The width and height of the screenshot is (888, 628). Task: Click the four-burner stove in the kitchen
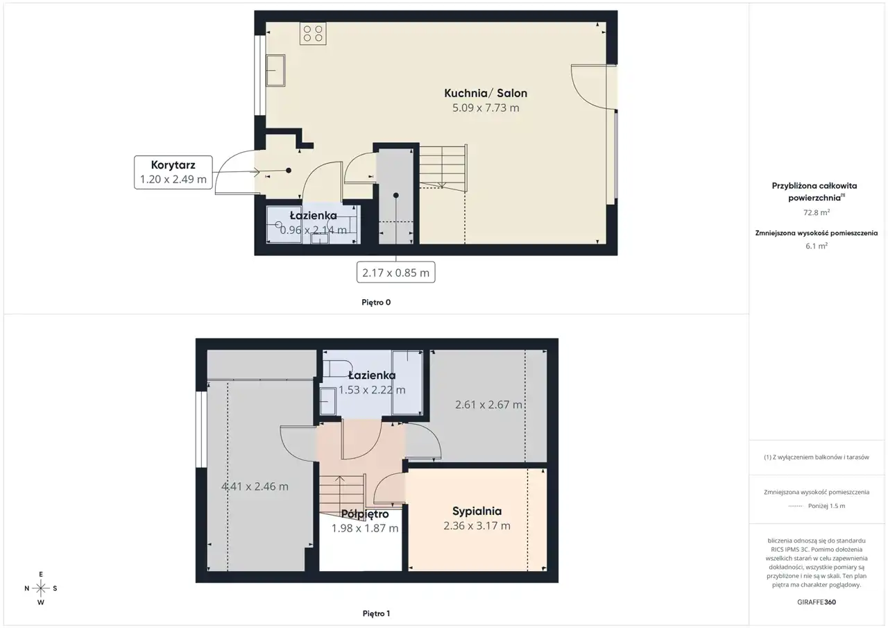point(313,33)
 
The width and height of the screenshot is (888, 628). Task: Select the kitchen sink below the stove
point(275,71)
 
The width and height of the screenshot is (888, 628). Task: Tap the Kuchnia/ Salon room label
point(486,93)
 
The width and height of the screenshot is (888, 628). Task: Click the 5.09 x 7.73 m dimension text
point(486,108)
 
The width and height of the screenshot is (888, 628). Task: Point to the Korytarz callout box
point(173,172)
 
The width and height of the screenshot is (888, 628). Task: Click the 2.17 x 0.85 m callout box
point(395,273)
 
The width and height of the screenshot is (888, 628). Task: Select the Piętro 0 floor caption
point(376,302)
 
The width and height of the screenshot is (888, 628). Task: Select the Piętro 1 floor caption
point(376,613)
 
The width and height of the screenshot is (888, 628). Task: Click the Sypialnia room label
point(477,511)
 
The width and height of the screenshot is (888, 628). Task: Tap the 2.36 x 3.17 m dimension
point(477,526)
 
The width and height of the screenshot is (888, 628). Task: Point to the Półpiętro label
point(365,514)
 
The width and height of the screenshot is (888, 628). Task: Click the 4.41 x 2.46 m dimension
point(255,486)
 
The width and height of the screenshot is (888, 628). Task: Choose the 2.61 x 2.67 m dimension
point(488,405)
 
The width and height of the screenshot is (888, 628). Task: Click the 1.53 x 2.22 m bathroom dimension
point(372,390)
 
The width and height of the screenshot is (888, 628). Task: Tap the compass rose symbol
point(41,588)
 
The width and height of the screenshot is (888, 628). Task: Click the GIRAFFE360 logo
point(817,602)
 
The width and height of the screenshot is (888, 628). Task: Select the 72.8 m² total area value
point(817,212)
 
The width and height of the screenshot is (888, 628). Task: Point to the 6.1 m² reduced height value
point(817,246)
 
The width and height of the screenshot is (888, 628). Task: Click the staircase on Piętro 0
point(443,169)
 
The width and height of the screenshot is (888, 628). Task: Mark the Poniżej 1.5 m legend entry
point(817,506)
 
